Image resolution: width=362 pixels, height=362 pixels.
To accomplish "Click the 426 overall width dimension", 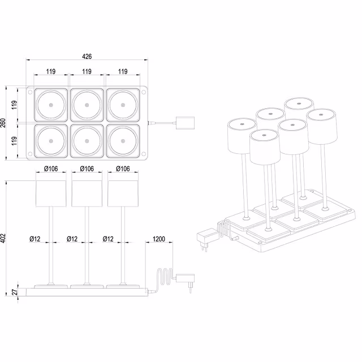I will pyautogui.click(x=87, y=57).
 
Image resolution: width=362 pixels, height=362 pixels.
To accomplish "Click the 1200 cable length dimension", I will pyautogui.click(x=159, y=239).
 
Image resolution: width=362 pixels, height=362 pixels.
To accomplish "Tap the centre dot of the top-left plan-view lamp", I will pyautogui.click(x=50, y=105).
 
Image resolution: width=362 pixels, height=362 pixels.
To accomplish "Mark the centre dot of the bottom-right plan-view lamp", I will pyautogui.click(x=122, y=141).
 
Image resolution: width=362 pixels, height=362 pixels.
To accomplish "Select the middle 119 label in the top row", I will pyautogui.click(x=87, y=72).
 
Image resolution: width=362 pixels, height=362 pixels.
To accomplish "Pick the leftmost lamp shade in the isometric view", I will pyautogui.click(x=240, y=136).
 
